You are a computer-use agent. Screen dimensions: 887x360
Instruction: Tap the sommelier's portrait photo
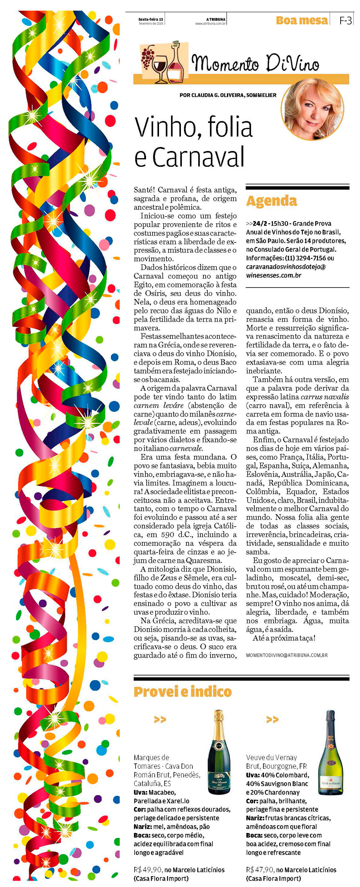[313, 110]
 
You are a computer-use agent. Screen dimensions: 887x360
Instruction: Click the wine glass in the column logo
[159, 67]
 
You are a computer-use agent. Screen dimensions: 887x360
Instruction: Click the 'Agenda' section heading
[271, 201]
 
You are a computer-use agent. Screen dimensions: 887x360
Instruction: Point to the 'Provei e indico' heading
[182, 691]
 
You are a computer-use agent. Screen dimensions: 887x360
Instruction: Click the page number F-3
[345, 21]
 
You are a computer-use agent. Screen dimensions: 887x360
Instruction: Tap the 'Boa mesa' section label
[301, 21]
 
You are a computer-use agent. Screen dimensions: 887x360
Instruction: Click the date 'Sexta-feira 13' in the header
[151, 19]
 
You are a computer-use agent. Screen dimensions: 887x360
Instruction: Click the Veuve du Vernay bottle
[330, 753]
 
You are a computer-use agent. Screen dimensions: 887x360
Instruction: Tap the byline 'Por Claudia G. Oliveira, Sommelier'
[228, 95]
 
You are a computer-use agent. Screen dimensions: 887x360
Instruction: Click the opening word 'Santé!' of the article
[145, 190]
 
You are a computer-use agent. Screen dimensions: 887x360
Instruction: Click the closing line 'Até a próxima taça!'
[284, 638]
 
